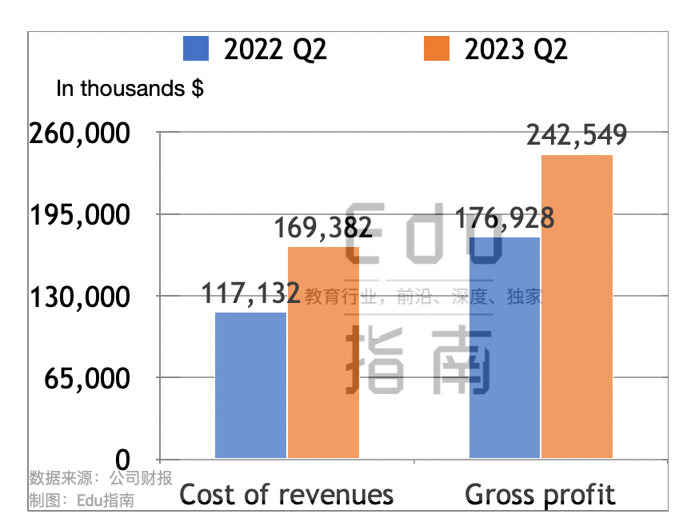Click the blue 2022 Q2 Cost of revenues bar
tap(250, 385)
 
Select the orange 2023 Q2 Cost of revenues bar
tap(323, 353)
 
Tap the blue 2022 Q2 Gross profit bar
tap(504, 348)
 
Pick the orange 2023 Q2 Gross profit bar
tap(577, 306)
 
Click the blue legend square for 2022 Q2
tap(196, 49)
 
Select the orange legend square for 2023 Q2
tap(437, 49)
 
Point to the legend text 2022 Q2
tap(275, 50)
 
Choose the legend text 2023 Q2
tap(516, 50)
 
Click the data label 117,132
tap(250, 294)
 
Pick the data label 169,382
tap(323, 229)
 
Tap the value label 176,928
tap(504, 218)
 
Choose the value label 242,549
tap(577, 135)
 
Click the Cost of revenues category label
tap(286, 494)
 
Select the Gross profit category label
tap(541, 494)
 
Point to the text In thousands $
tap(130, 89)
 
